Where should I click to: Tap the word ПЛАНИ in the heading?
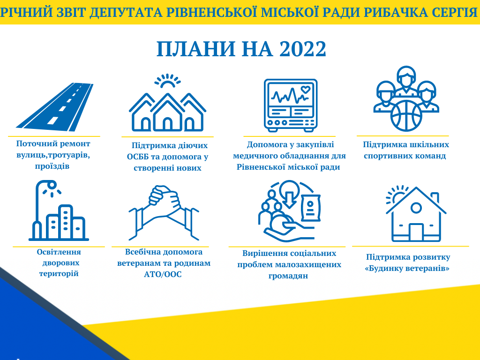[196, 49]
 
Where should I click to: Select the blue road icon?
[55, 107]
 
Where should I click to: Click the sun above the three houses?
[167, 81]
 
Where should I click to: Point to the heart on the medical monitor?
[306, 90]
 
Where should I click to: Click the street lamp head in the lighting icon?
[52, 185]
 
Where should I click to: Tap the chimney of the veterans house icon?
[435, 197]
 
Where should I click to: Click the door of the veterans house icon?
[416, 232]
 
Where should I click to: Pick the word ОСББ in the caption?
[138, 157]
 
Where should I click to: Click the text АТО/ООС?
[163, 274]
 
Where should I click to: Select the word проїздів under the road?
[52, 166]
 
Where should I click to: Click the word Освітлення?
[59, 252]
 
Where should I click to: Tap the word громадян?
[288, 276]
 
